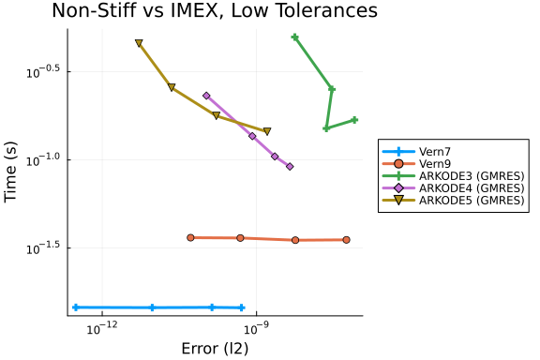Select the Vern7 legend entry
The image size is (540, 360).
(x=416, y=152)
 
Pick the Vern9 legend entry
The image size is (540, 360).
(x=416, y=164)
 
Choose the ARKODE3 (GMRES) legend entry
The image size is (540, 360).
(x=453, y=175)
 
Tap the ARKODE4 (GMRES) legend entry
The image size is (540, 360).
(x=453, y=188)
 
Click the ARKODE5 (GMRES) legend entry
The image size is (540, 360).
(x=453, y=200)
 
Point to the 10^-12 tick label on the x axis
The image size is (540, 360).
(x=102, y=328)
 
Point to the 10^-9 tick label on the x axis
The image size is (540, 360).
(x=256, y=328)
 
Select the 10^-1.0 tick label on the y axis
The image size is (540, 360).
(x=43, y=160)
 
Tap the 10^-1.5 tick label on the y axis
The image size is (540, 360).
(x=43, y=248)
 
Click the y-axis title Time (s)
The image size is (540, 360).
(x=10, y=172)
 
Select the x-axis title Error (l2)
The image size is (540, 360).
(x=215, y=349)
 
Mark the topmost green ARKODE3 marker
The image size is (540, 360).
(x=294, y=37)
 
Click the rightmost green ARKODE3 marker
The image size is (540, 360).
(x=354, y=120)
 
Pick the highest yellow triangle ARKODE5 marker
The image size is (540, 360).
(x=139, y=43)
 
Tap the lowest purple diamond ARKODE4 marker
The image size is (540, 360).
(x=290, y=167)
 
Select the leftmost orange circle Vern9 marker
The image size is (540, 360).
(x=191, y=237)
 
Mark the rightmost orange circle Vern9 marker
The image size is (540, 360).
(x=347, y=240)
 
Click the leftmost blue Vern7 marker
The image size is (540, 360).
(x=76, y=307)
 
